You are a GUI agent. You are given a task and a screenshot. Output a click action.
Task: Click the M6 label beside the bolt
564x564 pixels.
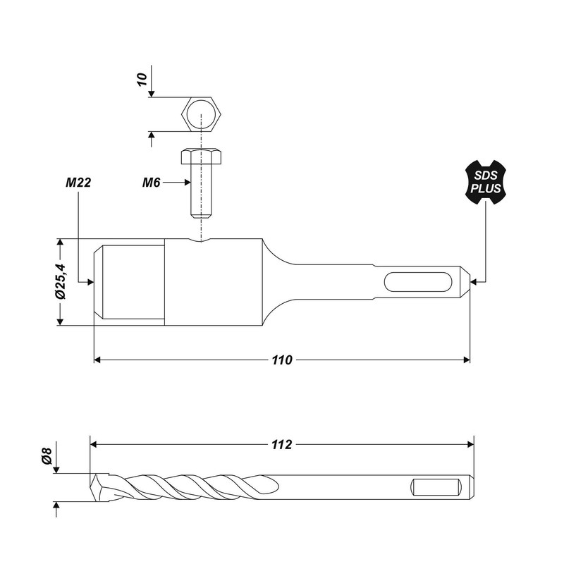(152, 182)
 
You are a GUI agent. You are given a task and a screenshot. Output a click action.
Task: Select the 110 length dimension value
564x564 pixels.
(282, 360)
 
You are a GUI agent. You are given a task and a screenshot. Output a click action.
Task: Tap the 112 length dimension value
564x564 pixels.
(282, 444)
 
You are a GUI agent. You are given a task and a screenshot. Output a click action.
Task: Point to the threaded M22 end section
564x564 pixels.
(130, 282)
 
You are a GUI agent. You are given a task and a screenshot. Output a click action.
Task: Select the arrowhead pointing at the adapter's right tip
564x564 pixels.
(474, 282)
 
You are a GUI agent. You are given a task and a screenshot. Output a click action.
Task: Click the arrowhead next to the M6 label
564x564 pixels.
(188, 182)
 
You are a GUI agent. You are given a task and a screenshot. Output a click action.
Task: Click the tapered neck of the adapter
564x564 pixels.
(278, 282)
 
